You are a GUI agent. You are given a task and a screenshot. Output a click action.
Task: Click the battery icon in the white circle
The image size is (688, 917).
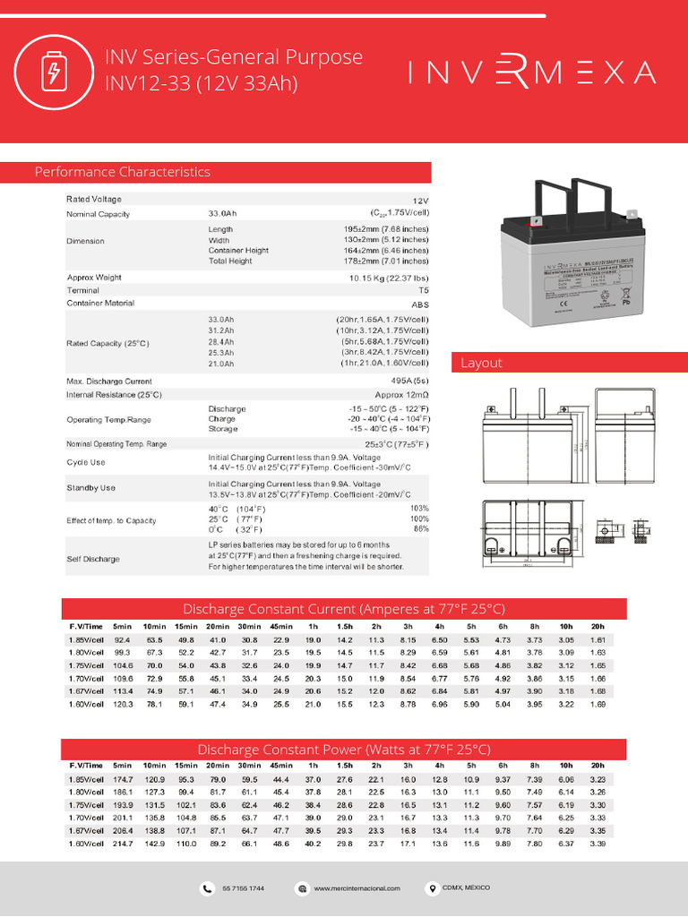pos(54,72)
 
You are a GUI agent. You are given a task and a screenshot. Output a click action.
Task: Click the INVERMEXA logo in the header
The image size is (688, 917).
pos(532,73)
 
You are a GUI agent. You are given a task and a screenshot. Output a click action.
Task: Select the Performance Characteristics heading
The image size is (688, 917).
pos(122,172)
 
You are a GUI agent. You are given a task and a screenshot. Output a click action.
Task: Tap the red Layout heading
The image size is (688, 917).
pos(481,363)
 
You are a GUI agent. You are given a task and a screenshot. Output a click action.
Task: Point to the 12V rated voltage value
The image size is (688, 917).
pos(420,200)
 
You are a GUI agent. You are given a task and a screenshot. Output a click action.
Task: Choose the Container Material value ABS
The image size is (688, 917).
pos(420,304)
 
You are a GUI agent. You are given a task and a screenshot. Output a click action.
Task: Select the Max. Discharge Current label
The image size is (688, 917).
pos(109,381)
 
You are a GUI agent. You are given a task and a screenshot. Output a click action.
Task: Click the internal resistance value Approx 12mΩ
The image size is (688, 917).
pos(401,394)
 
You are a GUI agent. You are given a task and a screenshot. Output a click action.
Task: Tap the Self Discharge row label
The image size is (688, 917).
pos(93,559)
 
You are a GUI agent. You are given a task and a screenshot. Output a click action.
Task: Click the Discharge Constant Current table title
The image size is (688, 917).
pos(344,609)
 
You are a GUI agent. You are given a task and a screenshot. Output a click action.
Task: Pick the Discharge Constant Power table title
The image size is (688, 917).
pos(344,750)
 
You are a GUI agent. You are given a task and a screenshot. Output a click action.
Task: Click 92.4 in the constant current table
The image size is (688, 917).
pos(122,640)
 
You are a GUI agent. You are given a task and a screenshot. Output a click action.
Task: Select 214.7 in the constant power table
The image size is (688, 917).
pos(122,844)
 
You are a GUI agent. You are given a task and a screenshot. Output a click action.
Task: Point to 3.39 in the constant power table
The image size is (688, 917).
pos(598,844)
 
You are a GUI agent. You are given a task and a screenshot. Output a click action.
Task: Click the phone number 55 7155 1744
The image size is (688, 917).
pos(244,888)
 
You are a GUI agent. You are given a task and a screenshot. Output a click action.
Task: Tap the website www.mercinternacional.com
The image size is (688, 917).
pos(357,888)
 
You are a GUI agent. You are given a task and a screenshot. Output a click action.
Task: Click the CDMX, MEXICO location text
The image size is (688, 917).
pos(466,887)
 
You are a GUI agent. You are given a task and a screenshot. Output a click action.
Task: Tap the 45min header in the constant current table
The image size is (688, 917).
pos(281,626)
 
